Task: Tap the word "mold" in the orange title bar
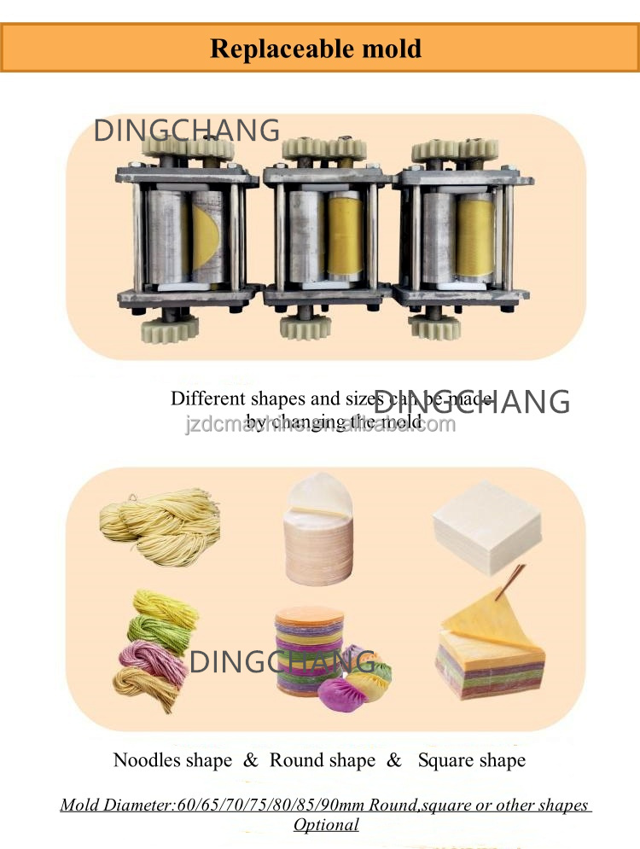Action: pos(392,48)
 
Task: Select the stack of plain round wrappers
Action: pos(318,538)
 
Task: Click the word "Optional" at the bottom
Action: pos(326,824)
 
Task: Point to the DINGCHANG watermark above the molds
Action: pos(187,131)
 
